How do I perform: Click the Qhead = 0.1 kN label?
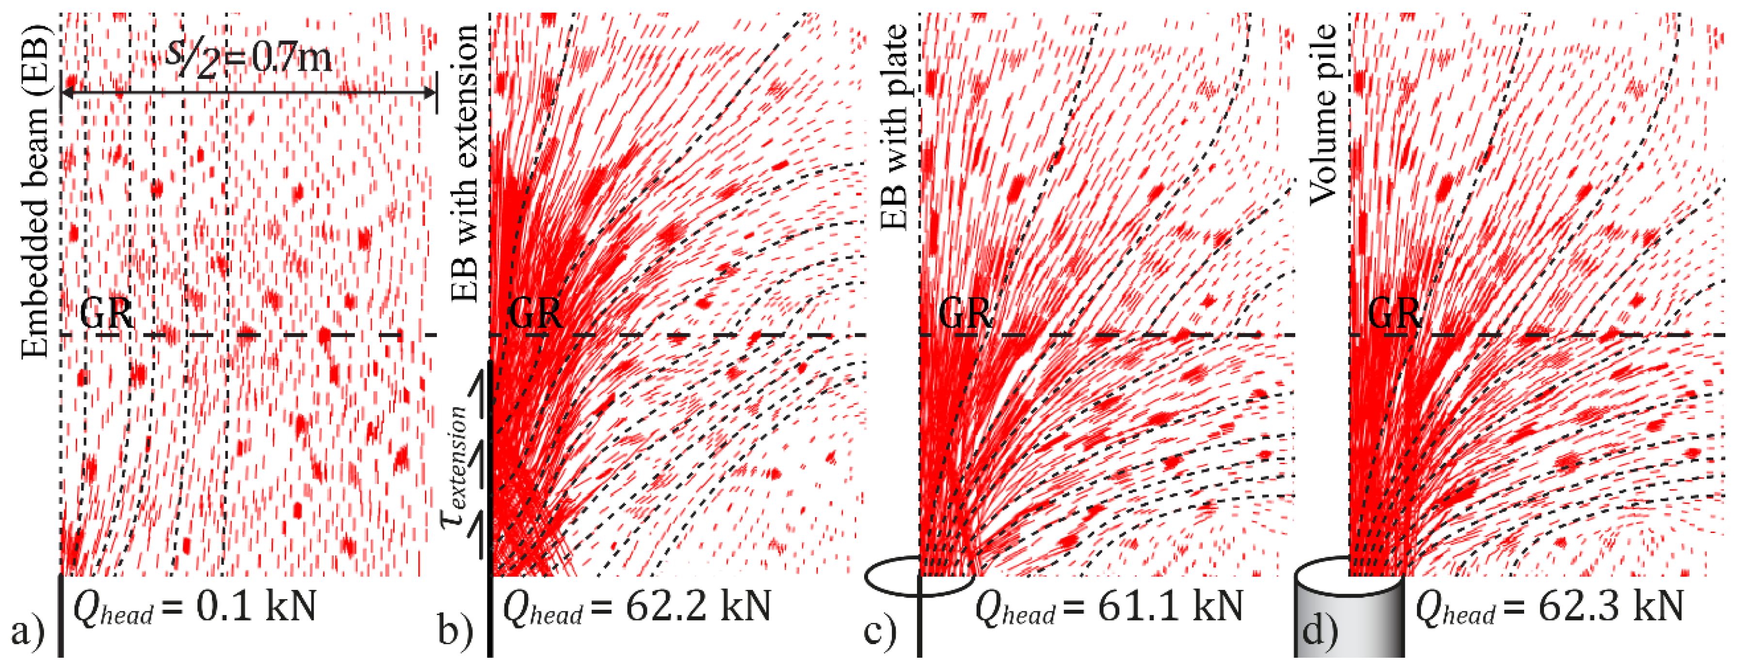point(194,607)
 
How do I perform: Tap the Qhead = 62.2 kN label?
point(637,607)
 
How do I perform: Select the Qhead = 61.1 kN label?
point(1109,607)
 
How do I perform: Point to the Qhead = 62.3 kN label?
point(1549,607)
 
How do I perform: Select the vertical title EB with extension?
point(465,162)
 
